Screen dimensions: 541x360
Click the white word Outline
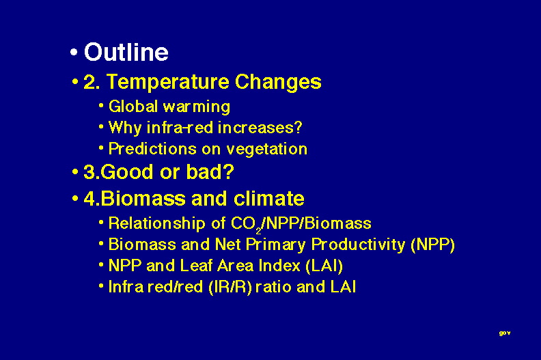[x=126, y=52]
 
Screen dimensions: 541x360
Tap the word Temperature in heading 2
[x=168, y=83]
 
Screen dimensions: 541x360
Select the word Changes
[x=278, y=83]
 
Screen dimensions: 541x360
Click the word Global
[x=133, y=106]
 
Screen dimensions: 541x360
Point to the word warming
[x=197, y=107]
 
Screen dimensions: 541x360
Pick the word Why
[x=125, y=128]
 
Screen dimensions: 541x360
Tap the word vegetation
[x=266, y=150]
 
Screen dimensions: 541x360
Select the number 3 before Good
[x=89, y=171]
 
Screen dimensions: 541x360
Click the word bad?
[x=210, y=171]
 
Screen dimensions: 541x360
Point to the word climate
[x=269, y=199]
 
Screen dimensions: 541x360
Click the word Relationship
[x=157, y=223]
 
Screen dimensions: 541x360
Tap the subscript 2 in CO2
[x=258, y=231]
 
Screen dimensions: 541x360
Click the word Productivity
[x=358, y=245]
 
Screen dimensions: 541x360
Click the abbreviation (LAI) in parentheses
[x=324, y=266]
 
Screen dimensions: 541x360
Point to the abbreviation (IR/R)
[x=230, y=287]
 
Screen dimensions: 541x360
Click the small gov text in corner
[x=505, y=333]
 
